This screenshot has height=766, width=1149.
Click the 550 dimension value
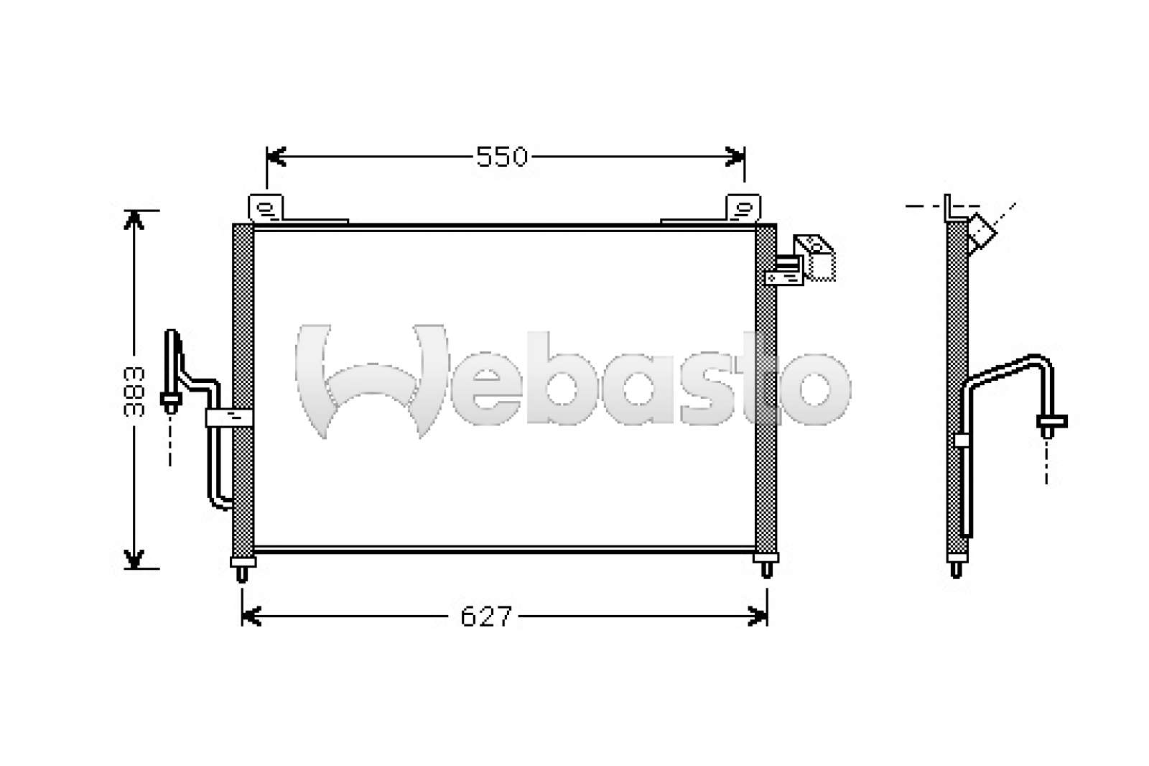[502, 157]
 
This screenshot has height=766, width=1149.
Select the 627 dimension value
[485, 616]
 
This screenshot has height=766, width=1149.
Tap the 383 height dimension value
[134, 391]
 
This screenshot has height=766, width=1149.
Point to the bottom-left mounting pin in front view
[242, 569]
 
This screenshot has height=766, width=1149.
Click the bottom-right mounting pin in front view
[766, 565]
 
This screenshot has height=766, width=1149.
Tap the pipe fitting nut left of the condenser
[171, 402]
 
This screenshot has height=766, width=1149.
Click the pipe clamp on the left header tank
[229, 417]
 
